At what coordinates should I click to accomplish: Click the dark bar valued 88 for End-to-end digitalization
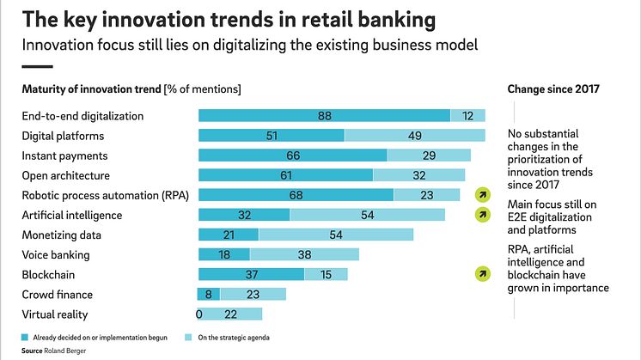pyautogui.click(x=324, y=115)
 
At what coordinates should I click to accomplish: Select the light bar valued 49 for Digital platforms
pyautogui.click(x=414, y=136)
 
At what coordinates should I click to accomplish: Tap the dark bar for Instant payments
pyautogui.click(x=292, y=156)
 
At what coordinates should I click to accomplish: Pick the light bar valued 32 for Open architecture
pyautogui.click(x=419, y=175)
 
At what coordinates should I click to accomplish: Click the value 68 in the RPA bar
pyautogui.click(x=296, y=195)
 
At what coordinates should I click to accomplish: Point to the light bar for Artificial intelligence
pyautogui.click(x=367, y=215)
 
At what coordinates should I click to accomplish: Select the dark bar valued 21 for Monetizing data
pyautogui.click(x=228, y=235)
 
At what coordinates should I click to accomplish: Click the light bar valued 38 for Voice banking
pyautogui.click(x=304, y=255)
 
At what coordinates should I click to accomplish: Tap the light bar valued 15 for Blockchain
pyautogui.click(x=326, y=274)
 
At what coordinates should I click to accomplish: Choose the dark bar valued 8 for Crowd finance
pyautogui.click(x=210, y=295)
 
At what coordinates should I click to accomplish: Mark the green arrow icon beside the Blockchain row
pyautogui.click(x=484, y=274)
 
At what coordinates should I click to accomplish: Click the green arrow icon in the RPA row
pyautogui.click(x=484, y=195)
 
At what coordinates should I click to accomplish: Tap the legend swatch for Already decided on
pyautogui.click(x=25, y=338)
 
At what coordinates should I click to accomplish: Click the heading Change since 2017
pyautogui.click(x=552, y=88)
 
